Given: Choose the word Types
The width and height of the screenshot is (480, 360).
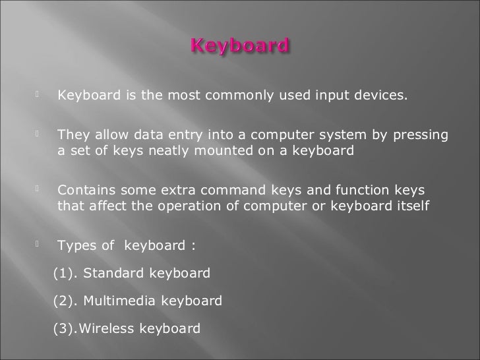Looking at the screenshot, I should pyautogui.click(x=77, y=247).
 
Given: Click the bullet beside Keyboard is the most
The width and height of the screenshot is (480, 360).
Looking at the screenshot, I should pyautogui.click(x=40, y=98).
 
